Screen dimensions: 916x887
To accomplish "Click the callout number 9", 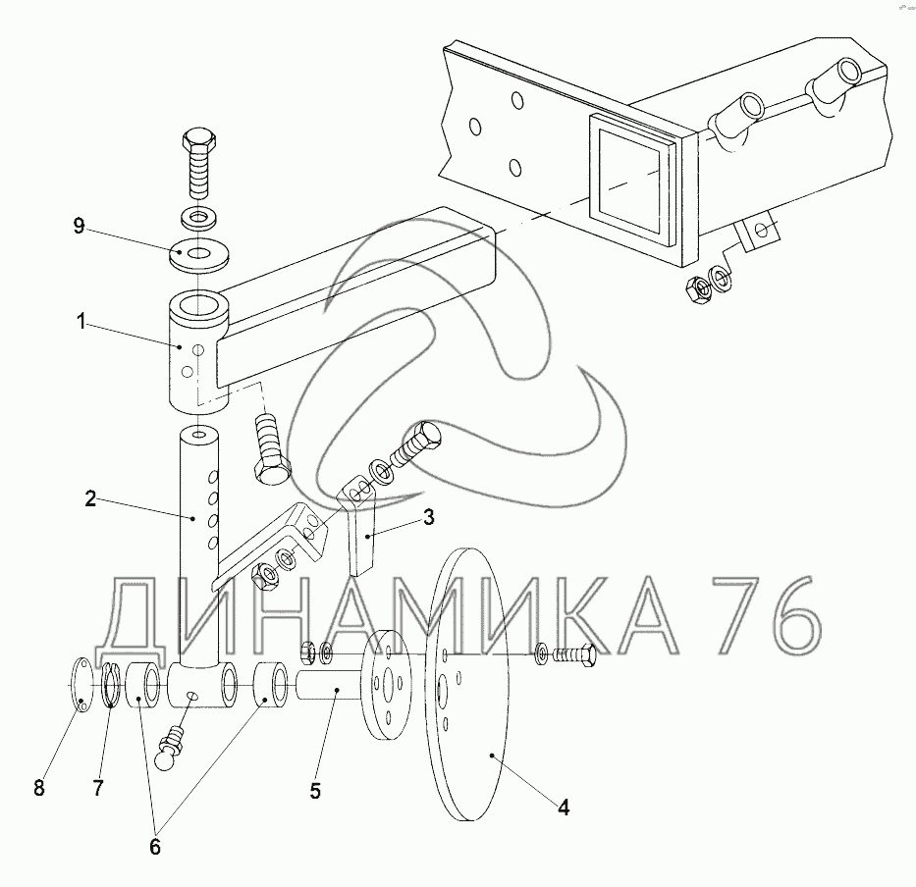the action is click(x=80, y=226).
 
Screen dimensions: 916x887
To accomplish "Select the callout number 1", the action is click(x=81, y=321).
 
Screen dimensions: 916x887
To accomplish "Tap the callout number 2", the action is click(x=90, y=498).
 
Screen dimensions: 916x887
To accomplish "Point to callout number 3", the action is click(x=429, y=517).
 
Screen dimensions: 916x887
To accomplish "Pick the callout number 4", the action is click(x=564, y=808).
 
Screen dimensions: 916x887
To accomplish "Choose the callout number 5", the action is click(x=315, y=791).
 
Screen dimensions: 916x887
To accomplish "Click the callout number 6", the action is click(x=155, y=848).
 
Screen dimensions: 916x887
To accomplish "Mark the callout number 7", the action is click(x=98, y=788).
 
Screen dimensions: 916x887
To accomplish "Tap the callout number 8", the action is click(x=39, y=788).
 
